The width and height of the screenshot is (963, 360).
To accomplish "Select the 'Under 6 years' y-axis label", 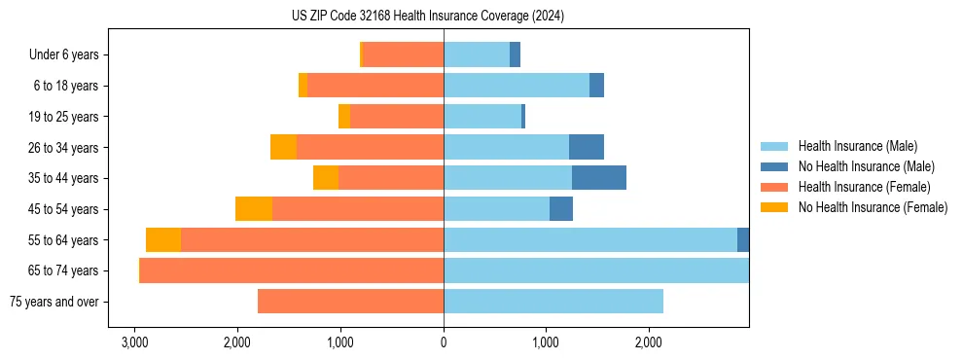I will [x=63, y=54].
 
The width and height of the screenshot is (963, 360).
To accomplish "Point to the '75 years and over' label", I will [x=53, y=302].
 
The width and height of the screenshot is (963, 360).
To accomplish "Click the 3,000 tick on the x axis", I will [x=134, y=342].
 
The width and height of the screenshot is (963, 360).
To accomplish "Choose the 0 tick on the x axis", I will [x=444, y=342].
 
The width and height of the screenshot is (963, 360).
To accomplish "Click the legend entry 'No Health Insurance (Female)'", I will [x=873, y=207].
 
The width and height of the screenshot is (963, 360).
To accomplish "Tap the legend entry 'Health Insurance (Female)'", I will [x=864, y=187].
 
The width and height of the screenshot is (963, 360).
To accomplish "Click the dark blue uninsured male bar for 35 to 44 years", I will [x=598, y=178].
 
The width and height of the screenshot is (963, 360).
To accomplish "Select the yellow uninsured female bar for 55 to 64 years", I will [x=163, y=240].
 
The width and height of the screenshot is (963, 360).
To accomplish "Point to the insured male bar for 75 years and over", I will [x=553, y=302].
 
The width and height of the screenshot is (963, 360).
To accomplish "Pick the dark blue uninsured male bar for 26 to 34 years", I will [x=586, y=147].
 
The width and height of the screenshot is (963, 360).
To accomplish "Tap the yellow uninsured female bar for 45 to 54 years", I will [x=254, y=209].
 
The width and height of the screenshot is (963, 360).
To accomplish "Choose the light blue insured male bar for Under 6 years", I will [x=477, y=54].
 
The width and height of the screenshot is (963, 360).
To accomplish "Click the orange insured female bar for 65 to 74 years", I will [x=292, y=270].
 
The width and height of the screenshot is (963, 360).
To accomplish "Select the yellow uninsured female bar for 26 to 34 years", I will [x=283, y=147].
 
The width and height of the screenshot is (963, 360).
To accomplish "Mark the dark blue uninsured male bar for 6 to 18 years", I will [x=596, y=86].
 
